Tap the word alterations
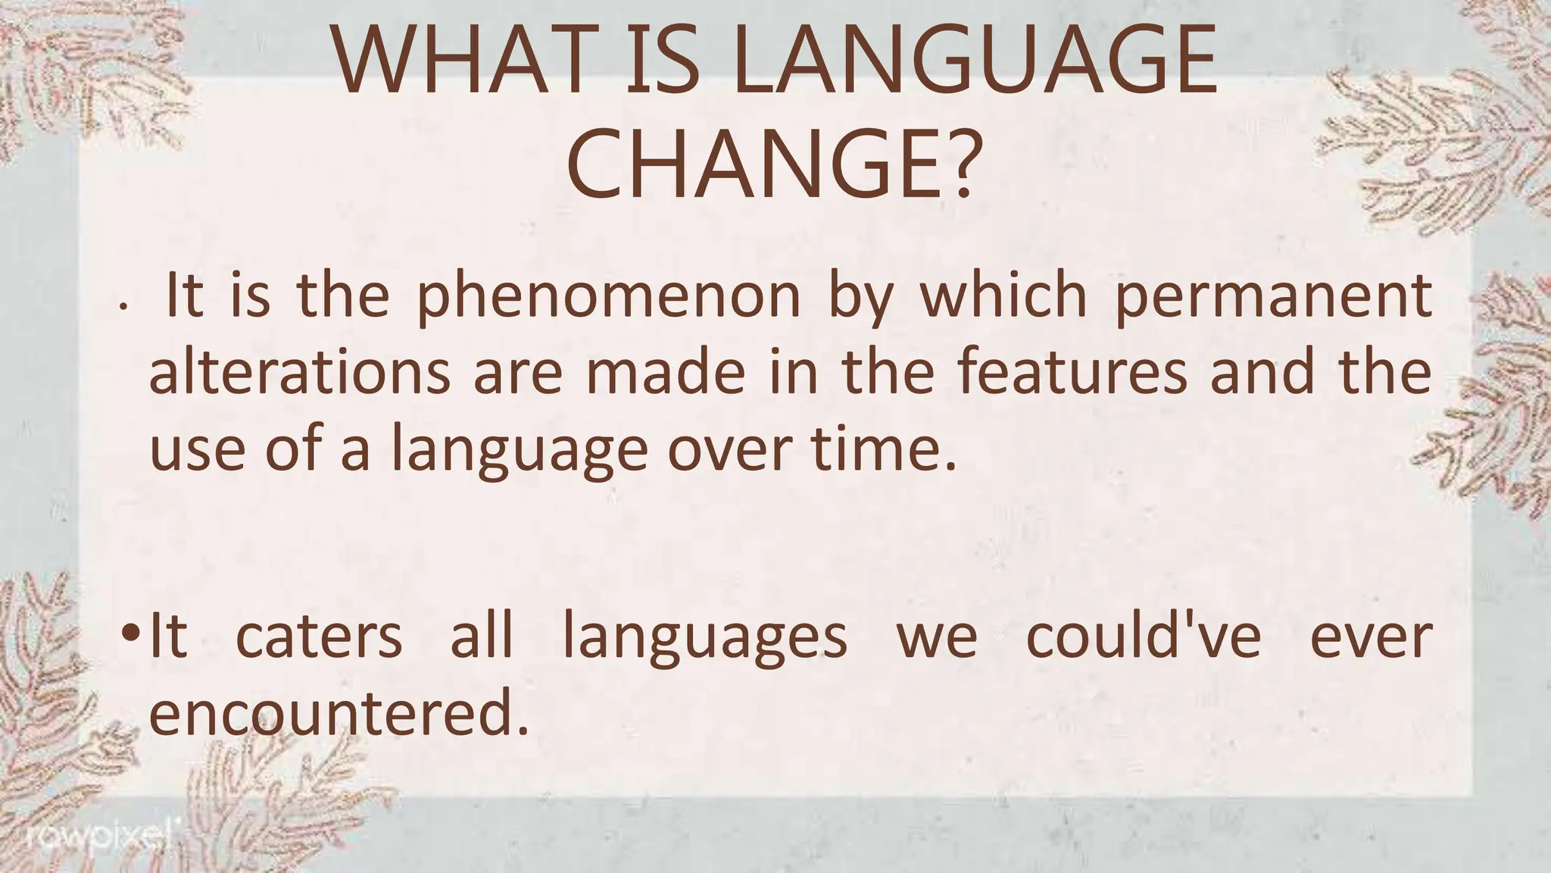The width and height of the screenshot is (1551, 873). coord(300,373)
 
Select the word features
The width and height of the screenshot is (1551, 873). coord(1072,373)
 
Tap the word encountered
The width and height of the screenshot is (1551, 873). coord(331,713)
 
